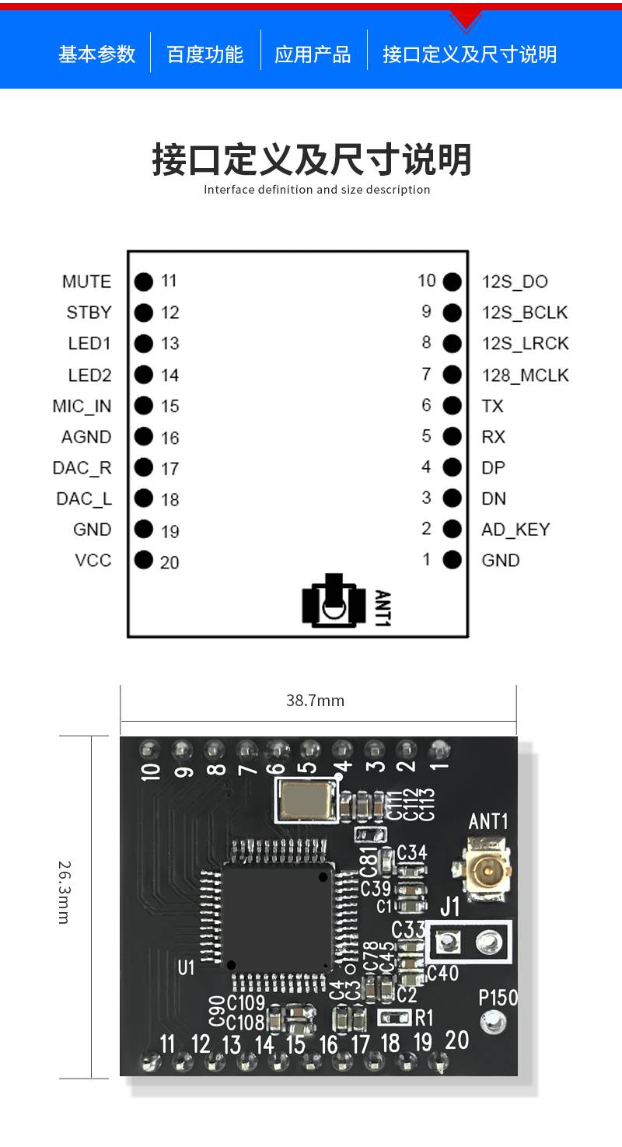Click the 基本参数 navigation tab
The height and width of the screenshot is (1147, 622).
pyautogui.click(x=96, y=54)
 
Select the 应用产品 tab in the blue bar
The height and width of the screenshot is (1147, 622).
pyautogui.click(x=313, y=54)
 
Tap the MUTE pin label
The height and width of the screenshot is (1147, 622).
pyautogui.click(x=86, y=282)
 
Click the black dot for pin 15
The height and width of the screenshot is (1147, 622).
pyautogui.click(x=143, y=405)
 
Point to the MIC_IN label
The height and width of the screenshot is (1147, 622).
pyautogui.click(x=82, y=406)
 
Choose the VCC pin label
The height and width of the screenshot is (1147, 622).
pyautogui.click(x=93, y=560)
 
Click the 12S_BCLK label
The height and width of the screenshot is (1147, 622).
pyautogui.click(x=525, y=313)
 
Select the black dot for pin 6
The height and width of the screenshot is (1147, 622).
pyautogui.click(x=452, y=405)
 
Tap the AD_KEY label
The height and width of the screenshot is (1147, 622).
pyautogui.click(x=515, y=530)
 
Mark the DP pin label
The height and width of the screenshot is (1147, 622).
pyautogui.click(x=493, y=467)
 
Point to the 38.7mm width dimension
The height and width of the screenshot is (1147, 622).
pyautogui.click(x=315, y=701)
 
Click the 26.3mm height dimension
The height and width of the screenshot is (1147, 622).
pyautogui.click(x=65, y=891)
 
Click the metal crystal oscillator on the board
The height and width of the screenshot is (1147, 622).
pyautogui.click(x=306, y=801)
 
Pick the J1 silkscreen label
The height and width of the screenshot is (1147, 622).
pyautogui.click(x=449, y=907)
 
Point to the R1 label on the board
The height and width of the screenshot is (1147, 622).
pyautogui.click(x=425, y=1017)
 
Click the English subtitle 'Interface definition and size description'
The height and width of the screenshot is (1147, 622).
pyautogui.click(x=316, y=190)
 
